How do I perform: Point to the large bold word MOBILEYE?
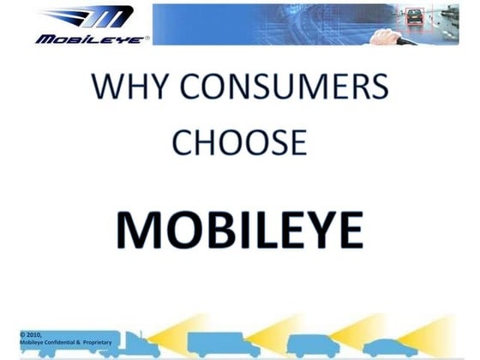239,227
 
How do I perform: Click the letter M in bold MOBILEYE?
139,227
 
